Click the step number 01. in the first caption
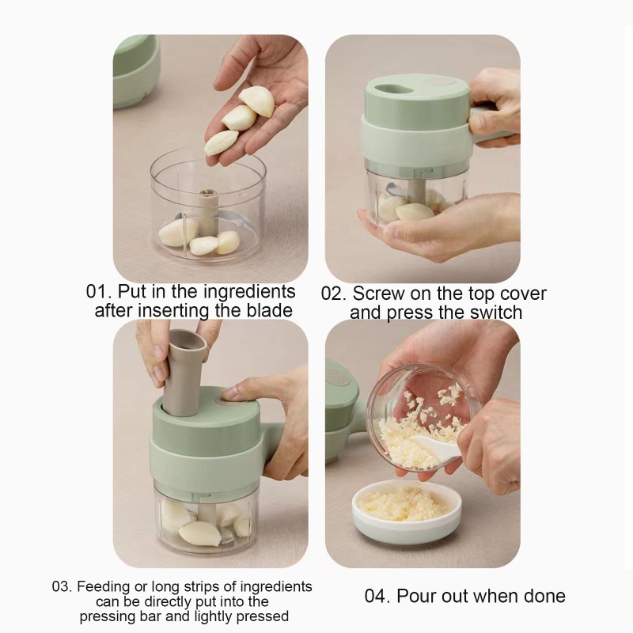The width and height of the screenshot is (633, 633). point(98,291)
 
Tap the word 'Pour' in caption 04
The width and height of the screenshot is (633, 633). point(417,597)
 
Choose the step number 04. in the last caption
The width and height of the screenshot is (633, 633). point(377,597)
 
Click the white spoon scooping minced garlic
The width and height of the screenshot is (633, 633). point(437,445)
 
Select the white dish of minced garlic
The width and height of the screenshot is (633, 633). point(407,511)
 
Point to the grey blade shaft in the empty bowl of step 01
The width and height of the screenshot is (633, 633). point(208,212)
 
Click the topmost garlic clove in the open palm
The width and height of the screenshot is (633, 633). point(257,101)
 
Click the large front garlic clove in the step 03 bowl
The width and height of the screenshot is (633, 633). point(200,533)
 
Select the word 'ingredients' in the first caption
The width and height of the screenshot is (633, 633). point(249,292)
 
